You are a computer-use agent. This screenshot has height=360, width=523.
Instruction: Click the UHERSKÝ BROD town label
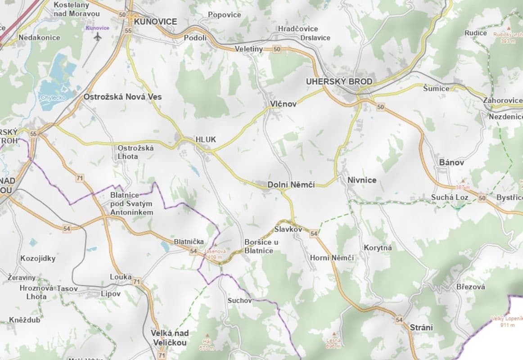(339, 81)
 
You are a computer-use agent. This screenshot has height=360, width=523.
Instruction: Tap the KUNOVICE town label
(155, 21)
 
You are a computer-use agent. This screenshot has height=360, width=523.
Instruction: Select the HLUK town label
(206, 139)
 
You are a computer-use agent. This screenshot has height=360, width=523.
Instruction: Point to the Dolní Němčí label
(291, 184)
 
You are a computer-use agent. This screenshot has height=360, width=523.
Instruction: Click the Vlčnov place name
(283, 104)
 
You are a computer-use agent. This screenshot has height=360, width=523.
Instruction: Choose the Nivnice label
(362, 180)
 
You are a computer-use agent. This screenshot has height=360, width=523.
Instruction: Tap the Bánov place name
(451, 162)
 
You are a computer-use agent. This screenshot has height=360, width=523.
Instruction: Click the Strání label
(421, 327)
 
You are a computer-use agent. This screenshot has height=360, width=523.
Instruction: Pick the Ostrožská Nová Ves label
(122, 97)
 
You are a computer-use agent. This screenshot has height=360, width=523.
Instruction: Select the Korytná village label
(378, 248)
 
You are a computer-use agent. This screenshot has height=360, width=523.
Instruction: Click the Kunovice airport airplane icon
(98, 36)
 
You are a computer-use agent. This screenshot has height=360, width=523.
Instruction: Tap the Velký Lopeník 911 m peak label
(506, 322)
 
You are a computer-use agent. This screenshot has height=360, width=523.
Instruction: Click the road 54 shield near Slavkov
(314, 234)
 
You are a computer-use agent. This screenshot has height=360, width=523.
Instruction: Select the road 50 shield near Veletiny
(276, 49)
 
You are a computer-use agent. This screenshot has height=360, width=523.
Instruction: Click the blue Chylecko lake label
(53, 97)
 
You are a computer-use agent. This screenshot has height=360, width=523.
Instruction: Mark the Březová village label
(470, 287)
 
